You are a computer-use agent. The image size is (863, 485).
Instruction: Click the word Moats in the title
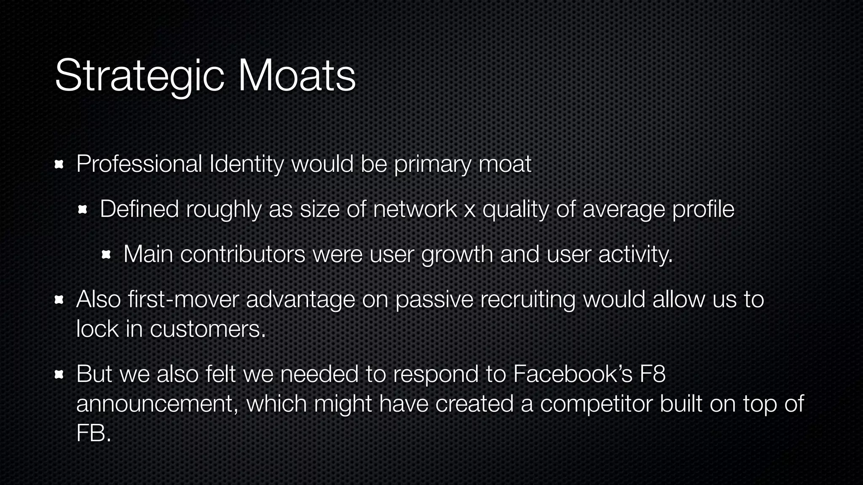coord(297,76)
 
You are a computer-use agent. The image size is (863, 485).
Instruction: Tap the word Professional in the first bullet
coord(139,164)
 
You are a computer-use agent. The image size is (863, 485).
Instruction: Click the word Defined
coord(139,209)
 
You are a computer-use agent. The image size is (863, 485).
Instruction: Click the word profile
coord(703,209)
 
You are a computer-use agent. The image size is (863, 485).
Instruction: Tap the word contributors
coord(243,254)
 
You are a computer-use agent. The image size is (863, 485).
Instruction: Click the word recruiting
coord(528,300)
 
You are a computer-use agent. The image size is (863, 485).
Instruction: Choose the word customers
coord(208,329)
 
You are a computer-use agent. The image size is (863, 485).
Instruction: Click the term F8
coord(652,374)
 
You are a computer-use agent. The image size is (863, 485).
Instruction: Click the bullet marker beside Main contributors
coord(106,254)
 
